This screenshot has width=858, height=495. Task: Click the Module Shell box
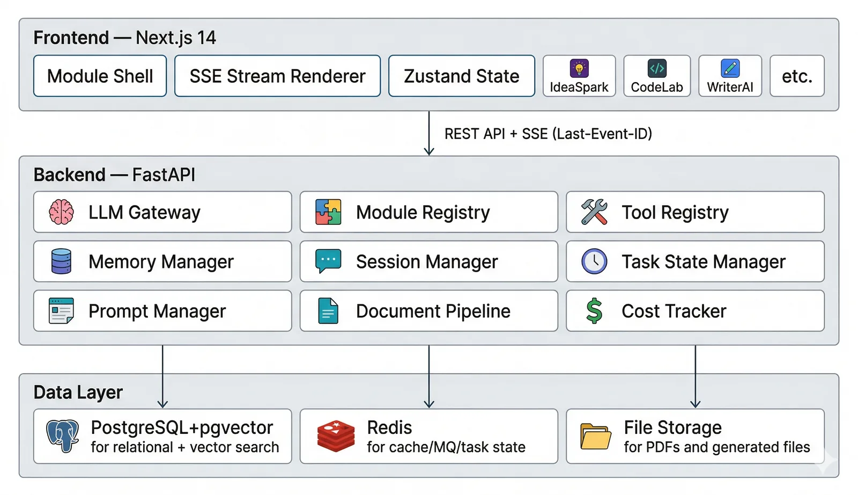tap(100, 76)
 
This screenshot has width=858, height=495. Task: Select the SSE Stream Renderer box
tap(277, 76)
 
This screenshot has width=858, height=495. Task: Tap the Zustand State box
tap(462, 76)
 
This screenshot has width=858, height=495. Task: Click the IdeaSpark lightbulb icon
tap(579, 69)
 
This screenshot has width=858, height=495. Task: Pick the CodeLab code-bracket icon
tap(657, 69)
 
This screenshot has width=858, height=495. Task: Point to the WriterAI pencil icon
tap(730, 69)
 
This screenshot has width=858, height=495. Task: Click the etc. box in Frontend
tap(797, 76)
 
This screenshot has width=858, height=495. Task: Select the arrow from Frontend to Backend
tap(429, 133)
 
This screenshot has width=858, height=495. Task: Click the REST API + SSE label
tap(548, 134)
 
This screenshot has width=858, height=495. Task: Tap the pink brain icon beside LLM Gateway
tap(61, 212)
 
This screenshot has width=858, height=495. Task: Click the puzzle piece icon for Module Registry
tap(328, 212)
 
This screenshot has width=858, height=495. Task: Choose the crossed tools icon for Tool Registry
tap(594, 212)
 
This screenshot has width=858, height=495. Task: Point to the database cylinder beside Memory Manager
tap(61, 261)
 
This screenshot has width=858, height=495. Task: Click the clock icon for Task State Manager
tap(594, 261)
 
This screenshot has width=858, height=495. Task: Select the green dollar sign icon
tap(594, 310)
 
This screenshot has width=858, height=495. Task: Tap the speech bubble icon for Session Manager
tap(328, 261)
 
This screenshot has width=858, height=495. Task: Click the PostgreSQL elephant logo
tap(62, 436)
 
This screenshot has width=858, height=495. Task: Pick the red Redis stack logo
tap(336, 436)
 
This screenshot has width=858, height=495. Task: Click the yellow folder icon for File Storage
tap(595, 436)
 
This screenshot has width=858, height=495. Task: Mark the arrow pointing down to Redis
tap(429, 376)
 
